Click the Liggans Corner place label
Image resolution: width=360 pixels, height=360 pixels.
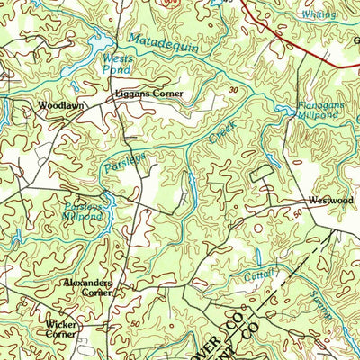click(148, 94)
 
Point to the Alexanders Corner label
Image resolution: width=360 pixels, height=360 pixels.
click(87, 287)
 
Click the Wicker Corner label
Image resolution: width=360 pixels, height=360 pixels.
click(61, 328)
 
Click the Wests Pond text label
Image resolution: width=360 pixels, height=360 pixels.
click(106, 60)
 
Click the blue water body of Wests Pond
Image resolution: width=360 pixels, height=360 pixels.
click(102, 43)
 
